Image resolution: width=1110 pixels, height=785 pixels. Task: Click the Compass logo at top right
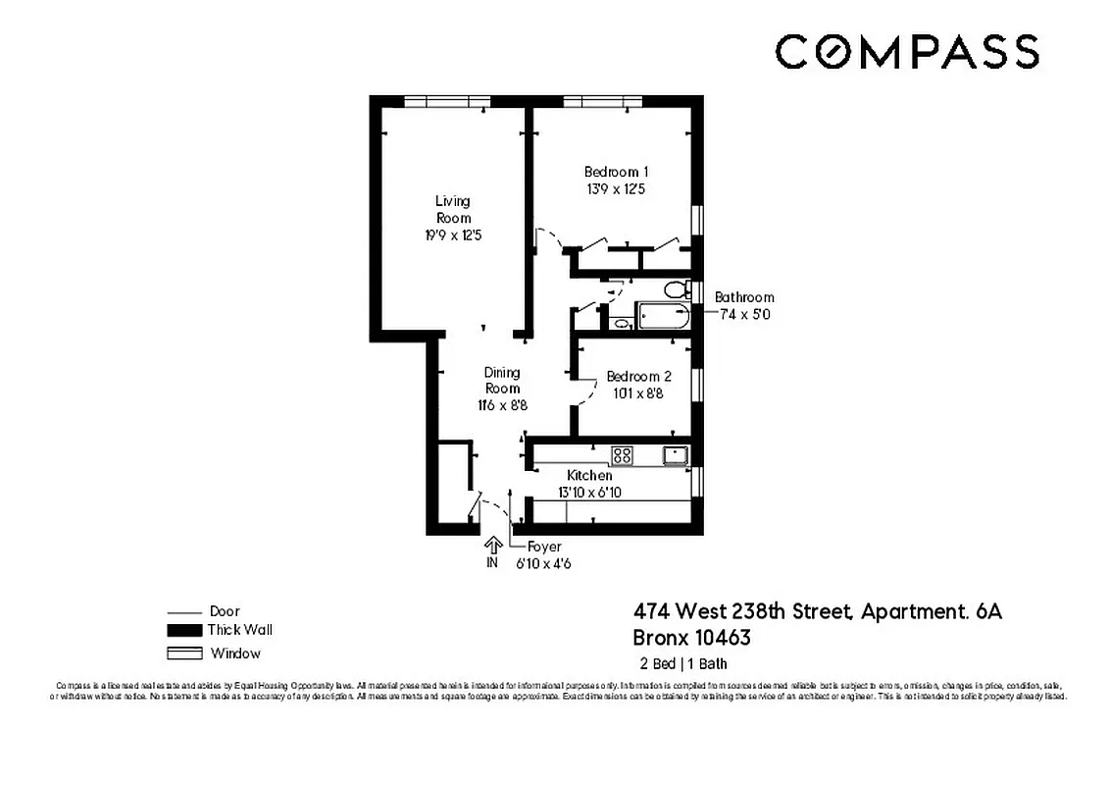point(906,51)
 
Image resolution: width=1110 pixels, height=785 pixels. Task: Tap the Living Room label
point(452,209)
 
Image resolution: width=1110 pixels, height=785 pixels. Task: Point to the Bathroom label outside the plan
point(743,297)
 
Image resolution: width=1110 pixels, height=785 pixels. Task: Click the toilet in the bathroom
point(674,289)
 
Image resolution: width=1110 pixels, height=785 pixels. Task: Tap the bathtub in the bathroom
point(663,317)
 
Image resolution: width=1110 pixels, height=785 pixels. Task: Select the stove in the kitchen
point(622,455)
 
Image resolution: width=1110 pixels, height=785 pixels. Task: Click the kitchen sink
point(674,455)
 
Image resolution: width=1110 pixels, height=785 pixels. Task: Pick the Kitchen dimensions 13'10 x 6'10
point(589,492)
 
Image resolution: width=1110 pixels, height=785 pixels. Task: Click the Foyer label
point(544,547)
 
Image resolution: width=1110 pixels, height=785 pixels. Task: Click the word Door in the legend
point(225,610)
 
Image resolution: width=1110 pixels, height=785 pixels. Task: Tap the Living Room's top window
point(447,101)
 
